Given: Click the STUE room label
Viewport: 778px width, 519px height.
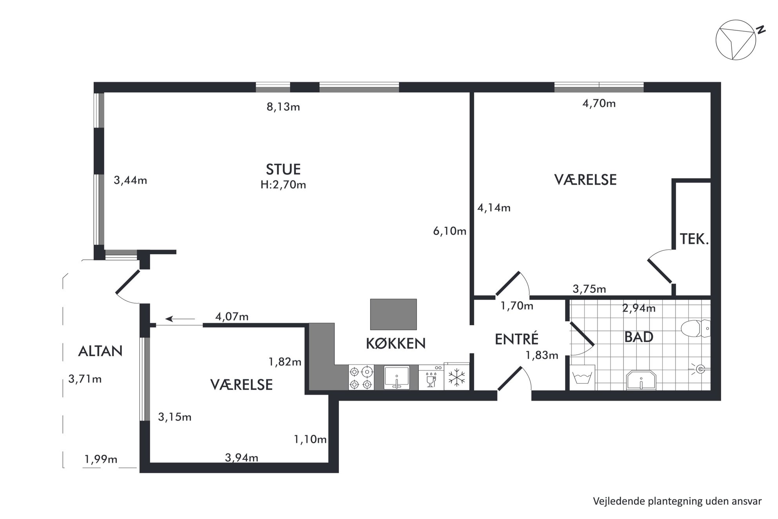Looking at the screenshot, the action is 283,169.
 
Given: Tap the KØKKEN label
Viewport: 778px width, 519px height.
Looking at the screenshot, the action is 396,343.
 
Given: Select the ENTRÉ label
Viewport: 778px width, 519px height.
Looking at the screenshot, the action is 516,339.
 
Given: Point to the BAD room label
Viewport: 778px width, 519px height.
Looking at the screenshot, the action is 639,337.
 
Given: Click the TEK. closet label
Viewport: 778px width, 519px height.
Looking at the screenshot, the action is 694,239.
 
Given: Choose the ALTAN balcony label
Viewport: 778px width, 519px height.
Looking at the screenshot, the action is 100,351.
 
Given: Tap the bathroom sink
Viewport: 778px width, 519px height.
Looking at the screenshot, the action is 641,380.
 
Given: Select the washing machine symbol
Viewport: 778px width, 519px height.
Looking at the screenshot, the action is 582,377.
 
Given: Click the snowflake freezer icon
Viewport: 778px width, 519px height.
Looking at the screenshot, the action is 456,377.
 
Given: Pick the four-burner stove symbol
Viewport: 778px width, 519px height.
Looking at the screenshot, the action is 361,377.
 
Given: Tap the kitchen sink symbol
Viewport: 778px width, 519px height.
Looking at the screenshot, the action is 396,377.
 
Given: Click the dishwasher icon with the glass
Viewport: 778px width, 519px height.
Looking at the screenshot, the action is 431,377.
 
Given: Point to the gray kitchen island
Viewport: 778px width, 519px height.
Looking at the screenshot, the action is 393,314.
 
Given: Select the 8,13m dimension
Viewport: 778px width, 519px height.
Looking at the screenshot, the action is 283,107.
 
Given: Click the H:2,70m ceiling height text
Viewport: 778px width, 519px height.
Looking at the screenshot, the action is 283,185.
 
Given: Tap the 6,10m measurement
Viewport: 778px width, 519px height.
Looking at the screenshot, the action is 450,231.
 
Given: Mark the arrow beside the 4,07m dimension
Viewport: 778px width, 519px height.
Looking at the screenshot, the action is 180,319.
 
